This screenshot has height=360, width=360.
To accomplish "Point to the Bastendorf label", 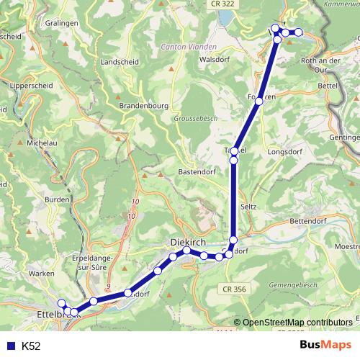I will click(197, 173).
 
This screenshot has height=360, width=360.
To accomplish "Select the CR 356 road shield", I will click(231, 288).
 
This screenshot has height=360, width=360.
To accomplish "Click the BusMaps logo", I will click(326, 346).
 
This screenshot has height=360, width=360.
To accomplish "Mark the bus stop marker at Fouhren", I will click(259, 102).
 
